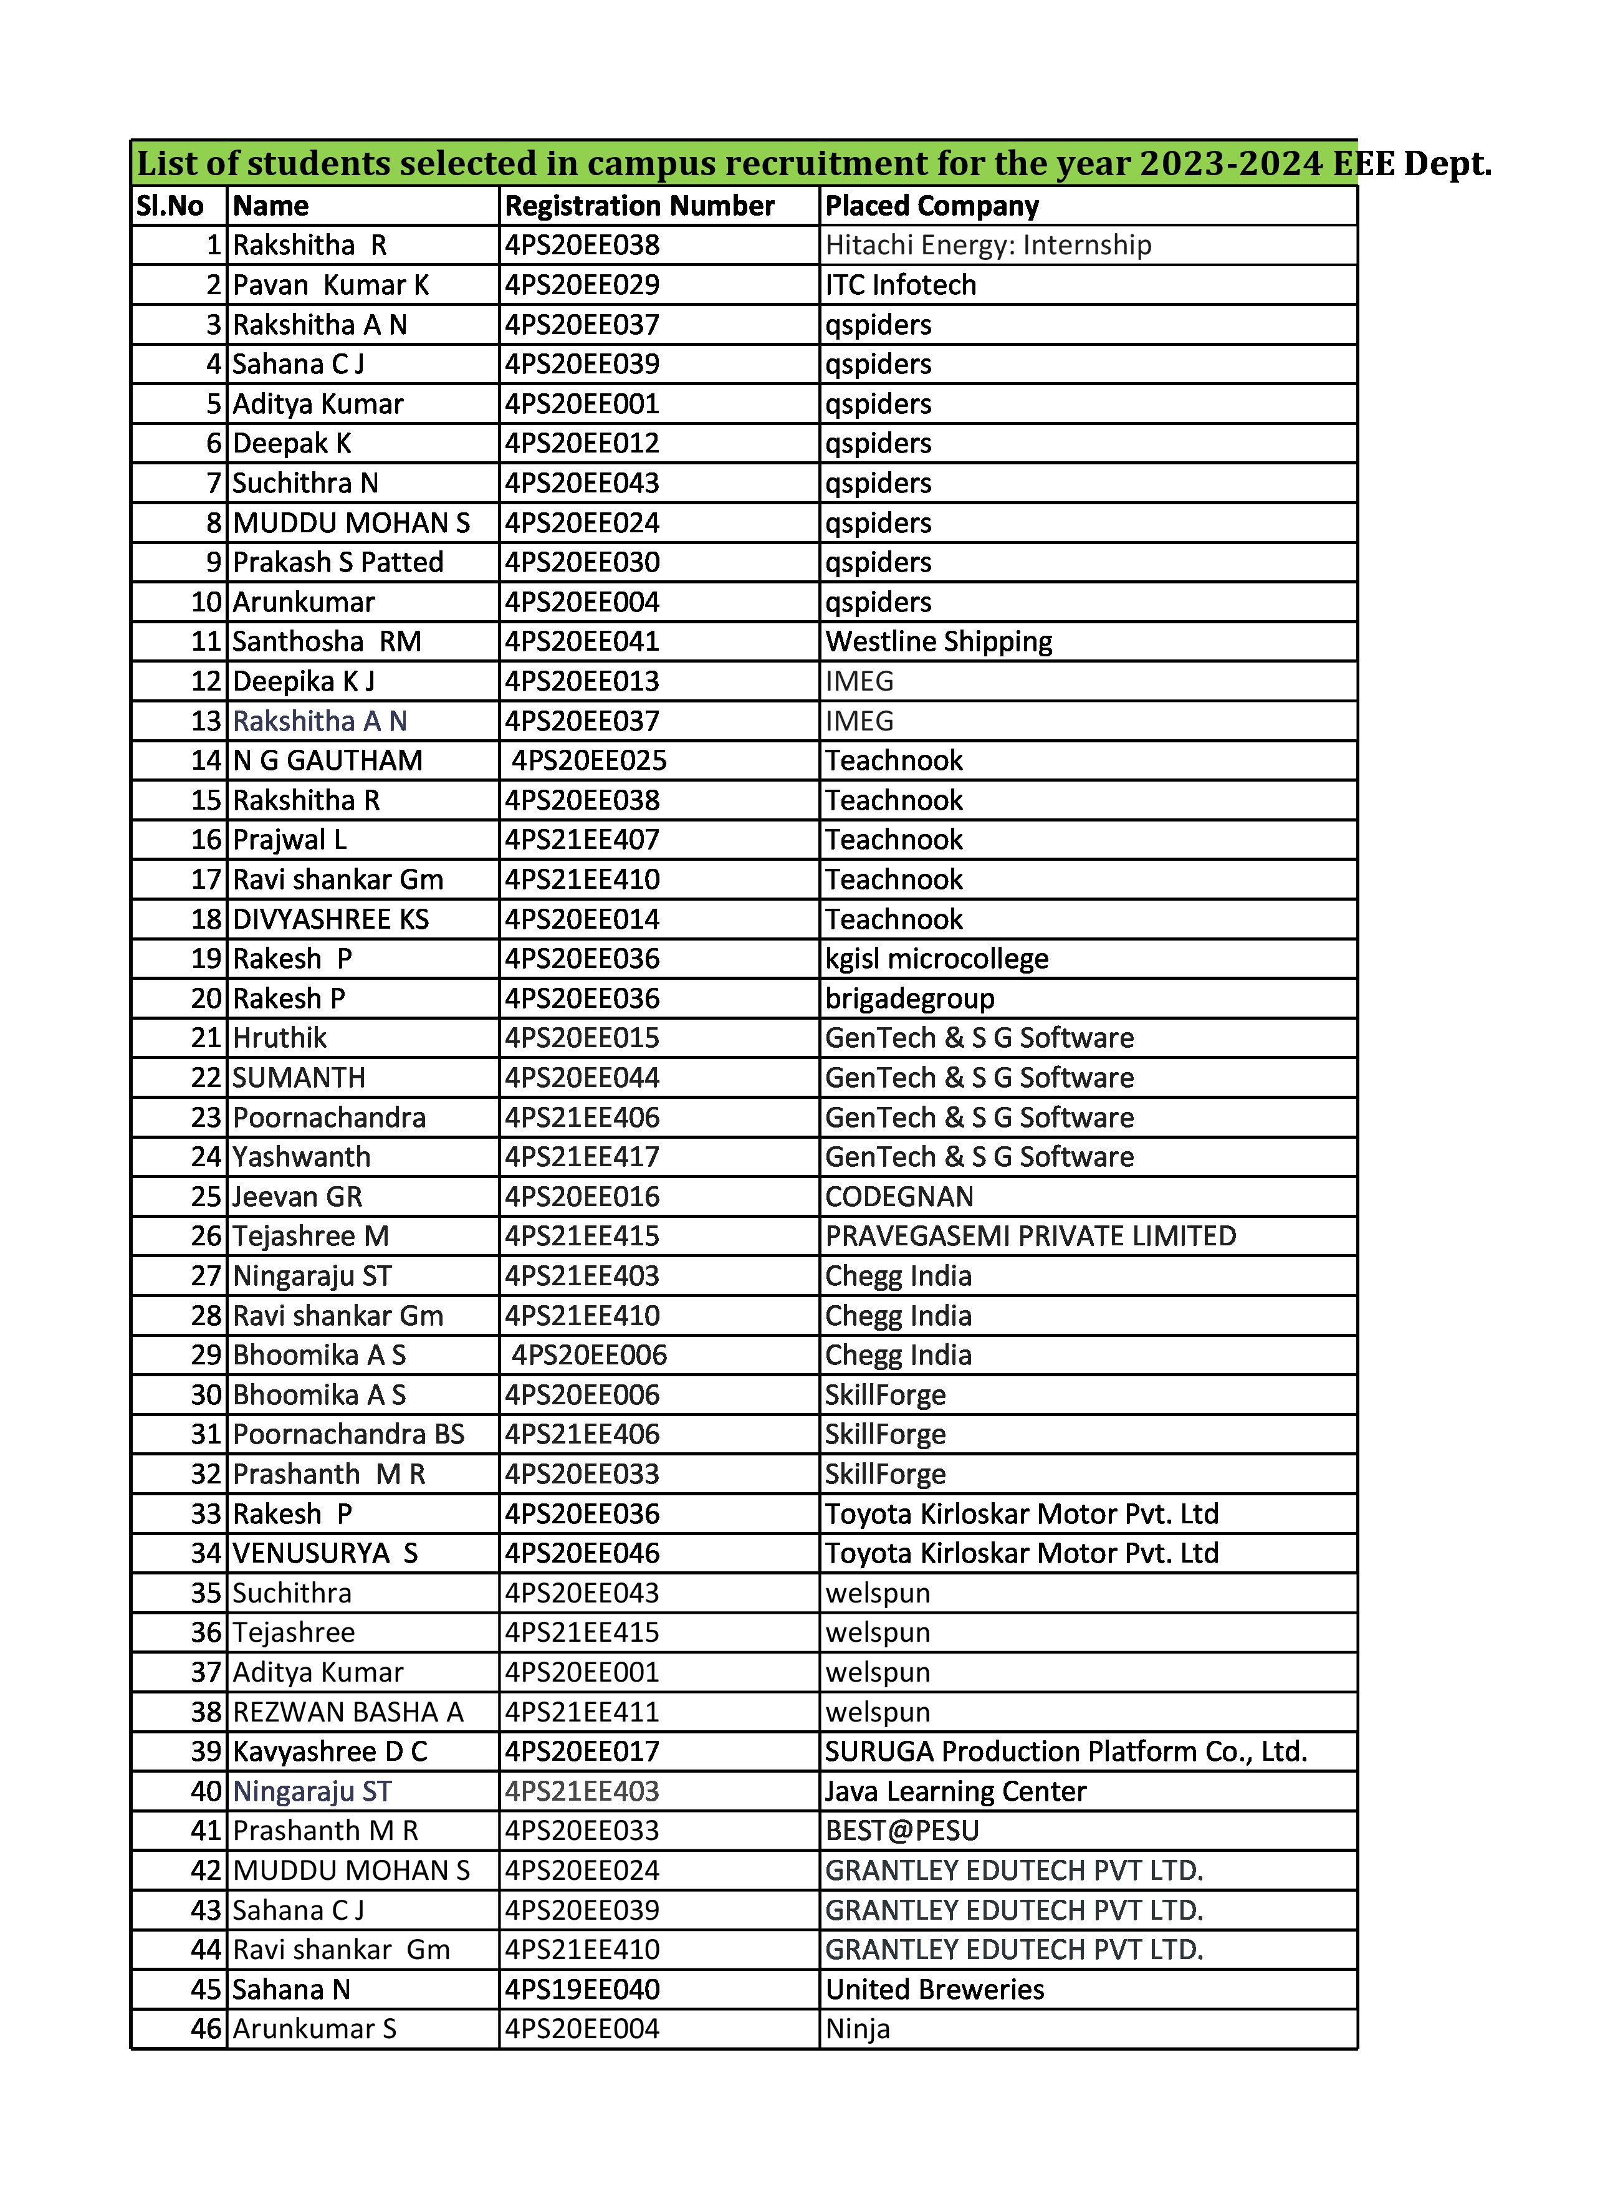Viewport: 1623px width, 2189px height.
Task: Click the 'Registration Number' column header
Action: (x=639, y=206)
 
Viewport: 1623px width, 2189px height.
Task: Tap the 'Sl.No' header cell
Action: (x=170, y=206)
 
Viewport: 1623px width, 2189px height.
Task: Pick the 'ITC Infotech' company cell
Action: (x=900, y=285)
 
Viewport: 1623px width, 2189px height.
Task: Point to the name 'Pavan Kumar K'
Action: (x=330, y=285)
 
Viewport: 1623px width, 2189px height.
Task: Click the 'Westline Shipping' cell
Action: (x=938, y=641)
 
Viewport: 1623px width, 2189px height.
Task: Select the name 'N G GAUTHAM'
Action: (x=327, y=760)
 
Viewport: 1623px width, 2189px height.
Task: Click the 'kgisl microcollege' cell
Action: (x=936, y=959)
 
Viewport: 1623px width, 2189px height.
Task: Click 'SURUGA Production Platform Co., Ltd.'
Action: (x=1065, y=1752)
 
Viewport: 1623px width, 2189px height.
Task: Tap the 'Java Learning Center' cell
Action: (x=955, y=1792)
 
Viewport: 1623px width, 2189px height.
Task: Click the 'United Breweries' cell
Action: (x=934, y=1990)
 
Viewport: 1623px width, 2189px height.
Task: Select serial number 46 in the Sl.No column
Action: (x=206, y=2029)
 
